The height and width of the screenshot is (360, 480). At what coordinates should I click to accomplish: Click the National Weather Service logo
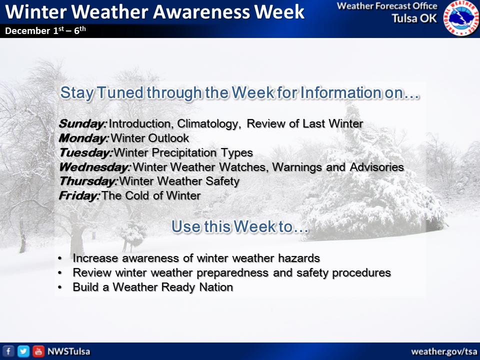click(x=461, y=18)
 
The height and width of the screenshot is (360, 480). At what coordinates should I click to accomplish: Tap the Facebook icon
click(x=8, y=351)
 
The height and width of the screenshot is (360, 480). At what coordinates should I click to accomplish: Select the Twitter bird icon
click(x=23, y=351)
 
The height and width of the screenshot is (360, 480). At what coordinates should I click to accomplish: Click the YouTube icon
click(x=38, y=351)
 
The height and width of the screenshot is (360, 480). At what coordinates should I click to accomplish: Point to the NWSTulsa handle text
click(x=69, y=351)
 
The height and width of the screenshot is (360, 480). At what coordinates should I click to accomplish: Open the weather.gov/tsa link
click(x=444, y=351)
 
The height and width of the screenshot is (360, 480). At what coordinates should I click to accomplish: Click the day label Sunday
click(x=82, y=123)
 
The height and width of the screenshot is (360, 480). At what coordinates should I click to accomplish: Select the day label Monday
click(x=83, y=138)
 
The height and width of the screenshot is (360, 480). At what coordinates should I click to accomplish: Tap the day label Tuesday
click(x=86, y=152)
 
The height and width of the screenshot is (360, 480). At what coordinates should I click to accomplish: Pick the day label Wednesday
click(x=95, y=167)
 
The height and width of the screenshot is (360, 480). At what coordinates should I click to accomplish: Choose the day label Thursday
click(x=88, y=181)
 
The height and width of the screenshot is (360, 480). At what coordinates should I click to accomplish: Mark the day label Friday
click(x=79, y=195)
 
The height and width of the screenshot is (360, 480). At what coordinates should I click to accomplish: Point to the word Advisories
click(x=377, y=167)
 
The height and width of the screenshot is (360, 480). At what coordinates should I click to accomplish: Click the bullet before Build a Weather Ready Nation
click(x=60, y=287)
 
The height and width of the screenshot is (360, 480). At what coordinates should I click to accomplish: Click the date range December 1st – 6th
click(x=45, y=30)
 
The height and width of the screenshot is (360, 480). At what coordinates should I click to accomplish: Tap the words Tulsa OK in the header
click(x=414, y=18)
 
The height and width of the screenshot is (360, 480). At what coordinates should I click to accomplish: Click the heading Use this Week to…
click(x=240, y=226)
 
